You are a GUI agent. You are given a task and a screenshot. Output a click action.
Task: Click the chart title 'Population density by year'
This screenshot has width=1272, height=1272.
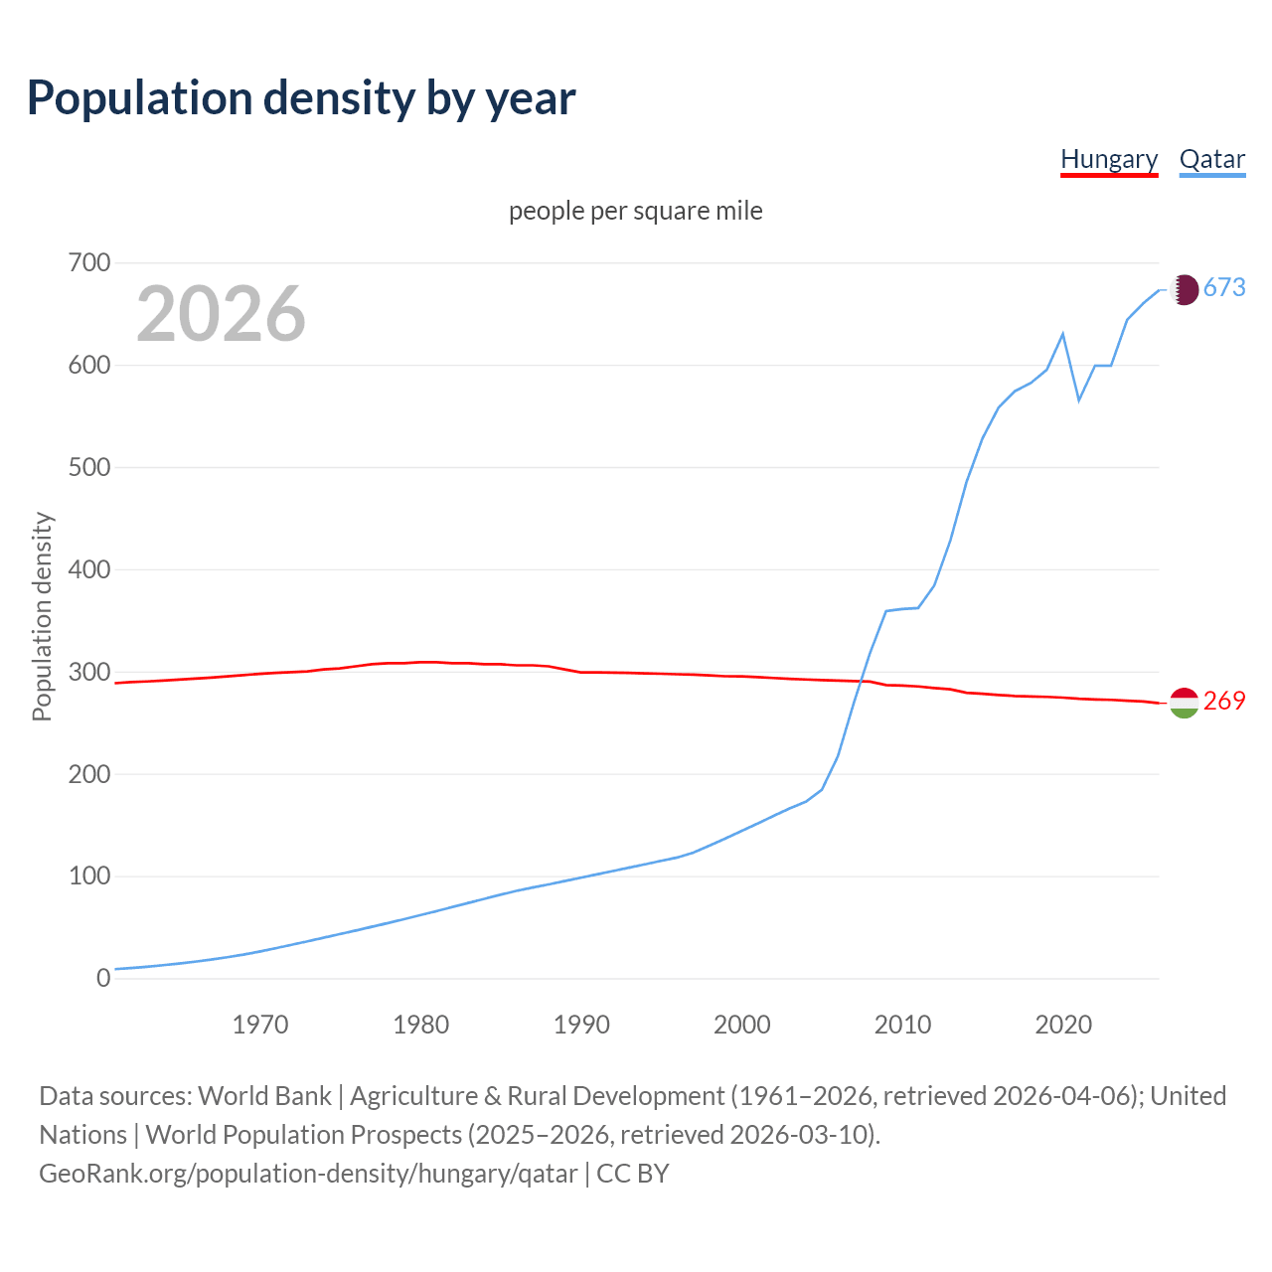tap(301, 98)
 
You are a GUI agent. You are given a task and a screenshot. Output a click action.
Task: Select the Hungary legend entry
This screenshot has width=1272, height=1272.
tap(1109, 159)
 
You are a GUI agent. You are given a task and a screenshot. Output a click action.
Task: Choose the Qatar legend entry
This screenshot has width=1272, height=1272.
tap(1211, 159)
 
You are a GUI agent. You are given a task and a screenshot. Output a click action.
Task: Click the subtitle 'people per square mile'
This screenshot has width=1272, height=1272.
tap(635, 211)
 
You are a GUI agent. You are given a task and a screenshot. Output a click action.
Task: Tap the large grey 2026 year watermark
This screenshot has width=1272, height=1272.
tap(221, 314)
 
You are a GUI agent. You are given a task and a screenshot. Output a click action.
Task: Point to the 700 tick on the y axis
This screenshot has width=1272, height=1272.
tap(89, 263)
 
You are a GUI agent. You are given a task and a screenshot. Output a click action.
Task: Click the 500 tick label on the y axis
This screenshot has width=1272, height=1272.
tap(89, 467)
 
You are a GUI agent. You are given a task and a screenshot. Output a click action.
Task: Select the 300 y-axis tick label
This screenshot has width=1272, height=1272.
tap(89, 672)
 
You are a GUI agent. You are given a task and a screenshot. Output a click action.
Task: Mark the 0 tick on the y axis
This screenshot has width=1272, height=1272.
tap(103, 978)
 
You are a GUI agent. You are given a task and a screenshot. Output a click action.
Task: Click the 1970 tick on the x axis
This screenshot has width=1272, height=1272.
tap(260, 1024)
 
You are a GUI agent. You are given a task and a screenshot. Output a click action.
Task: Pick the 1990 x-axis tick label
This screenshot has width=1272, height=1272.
tap(581, 1024)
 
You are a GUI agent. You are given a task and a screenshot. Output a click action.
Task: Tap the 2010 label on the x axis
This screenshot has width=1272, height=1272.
tap(902, 1024)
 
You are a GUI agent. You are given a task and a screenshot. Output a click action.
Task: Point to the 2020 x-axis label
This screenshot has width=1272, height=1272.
tap(1063, 1024)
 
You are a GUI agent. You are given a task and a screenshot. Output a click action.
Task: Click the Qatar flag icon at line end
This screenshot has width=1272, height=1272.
tap(1184, 289)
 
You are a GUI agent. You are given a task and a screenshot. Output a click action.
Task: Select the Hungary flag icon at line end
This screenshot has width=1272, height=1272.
tap(1184, 703)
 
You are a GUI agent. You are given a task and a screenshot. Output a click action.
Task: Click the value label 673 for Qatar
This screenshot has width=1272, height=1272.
tap(1224, 287)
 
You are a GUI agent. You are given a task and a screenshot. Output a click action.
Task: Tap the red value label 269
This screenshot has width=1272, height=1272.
tap(1224, 701)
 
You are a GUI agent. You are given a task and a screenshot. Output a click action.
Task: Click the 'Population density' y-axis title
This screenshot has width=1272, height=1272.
tap(42, 616)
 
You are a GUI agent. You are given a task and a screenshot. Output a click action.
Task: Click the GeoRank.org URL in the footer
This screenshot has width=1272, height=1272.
tap(308, 1173)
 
